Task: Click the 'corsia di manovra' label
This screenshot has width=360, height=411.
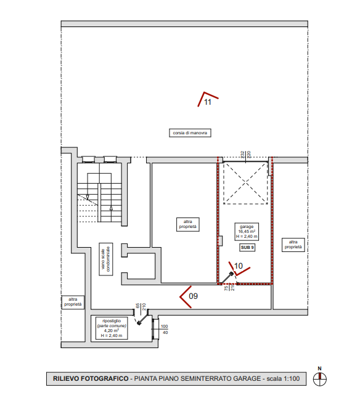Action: point(190,133)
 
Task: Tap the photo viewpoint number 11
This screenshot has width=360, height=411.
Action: point(207,102)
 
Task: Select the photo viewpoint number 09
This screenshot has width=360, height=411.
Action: point(193,296)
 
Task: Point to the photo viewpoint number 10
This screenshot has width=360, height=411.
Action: point(239,266)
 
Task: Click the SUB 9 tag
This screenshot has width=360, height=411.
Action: point(247,248)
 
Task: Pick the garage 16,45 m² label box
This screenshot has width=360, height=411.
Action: point(247,232)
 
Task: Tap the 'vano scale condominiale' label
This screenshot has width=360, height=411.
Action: point(106,259)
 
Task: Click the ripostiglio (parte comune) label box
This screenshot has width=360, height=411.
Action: point(112,328)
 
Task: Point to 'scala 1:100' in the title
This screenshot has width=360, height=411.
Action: point(283,378)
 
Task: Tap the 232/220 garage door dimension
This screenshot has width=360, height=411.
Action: point(246,154)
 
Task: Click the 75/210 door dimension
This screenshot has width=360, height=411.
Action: point(229,288)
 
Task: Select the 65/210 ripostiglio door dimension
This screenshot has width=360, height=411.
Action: point(141,307)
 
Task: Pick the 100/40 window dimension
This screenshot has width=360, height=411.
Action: point(165,330)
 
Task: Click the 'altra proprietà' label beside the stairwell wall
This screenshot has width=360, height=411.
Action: point(73,302)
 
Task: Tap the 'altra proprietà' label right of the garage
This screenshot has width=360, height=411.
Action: point(293,245)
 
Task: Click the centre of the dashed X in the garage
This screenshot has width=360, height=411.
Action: point(245,183)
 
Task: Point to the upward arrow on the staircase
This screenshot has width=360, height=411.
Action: point(111,208)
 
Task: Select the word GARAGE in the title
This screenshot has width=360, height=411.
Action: point(247,378)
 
